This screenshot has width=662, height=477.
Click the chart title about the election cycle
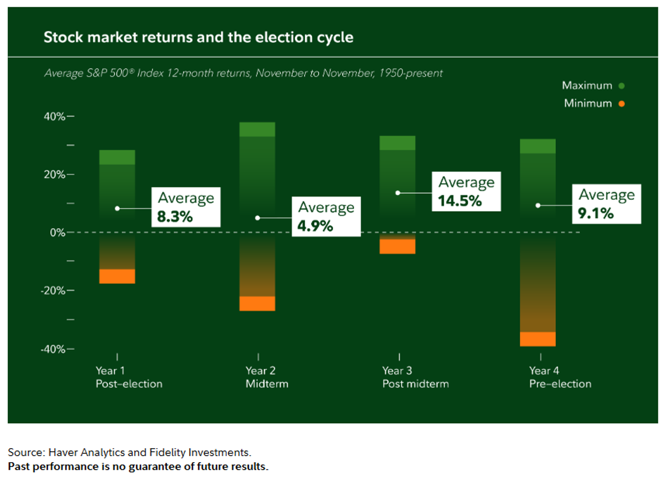pos(198,37)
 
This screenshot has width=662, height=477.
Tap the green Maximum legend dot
pos(622,86)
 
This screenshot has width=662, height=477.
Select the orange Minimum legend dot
pos(622,104)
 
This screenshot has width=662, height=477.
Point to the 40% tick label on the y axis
pos(54,116)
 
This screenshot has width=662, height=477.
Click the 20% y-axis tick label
pos(54,174)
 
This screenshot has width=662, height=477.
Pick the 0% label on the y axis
pos(57,233)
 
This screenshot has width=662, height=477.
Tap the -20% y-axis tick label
pos(53,291)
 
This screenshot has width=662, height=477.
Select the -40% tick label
pos(53,349)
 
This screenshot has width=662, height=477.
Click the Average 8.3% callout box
pos(186,207)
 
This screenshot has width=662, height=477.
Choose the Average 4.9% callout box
pos(326,216)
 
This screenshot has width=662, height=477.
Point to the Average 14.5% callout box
pos(466,191)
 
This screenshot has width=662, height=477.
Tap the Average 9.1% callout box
pos(607,204)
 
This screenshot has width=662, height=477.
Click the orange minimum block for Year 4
pos(538,339)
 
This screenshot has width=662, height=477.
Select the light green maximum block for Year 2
pos(257,130)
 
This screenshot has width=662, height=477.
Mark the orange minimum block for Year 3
pos(398,246)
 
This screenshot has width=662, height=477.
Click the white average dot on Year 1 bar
pos(117,208)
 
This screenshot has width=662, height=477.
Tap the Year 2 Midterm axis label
pos(267,377)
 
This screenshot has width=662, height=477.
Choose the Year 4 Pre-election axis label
pos(560,377)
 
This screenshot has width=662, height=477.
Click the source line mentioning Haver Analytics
pos(129,452)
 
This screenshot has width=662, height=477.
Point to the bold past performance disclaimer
pos(138,467)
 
